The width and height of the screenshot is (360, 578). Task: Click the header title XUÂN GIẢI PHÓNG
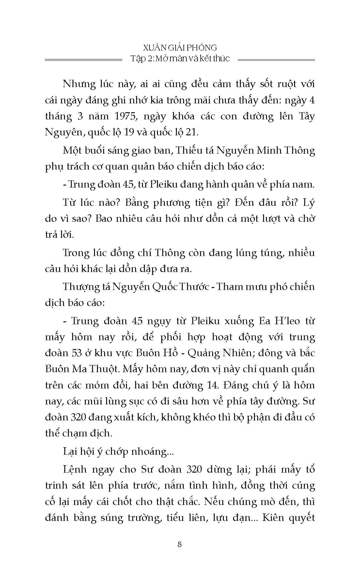[x=180, y=48]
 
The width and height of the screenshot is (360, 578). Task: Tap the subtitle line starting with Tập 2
[x=180, y=59]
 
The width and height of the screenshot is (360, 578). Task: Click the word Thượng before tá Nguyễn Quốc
[x=83, y=287]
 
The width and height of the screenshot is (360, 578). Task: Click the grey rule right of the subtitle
[x=276, y=60]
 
